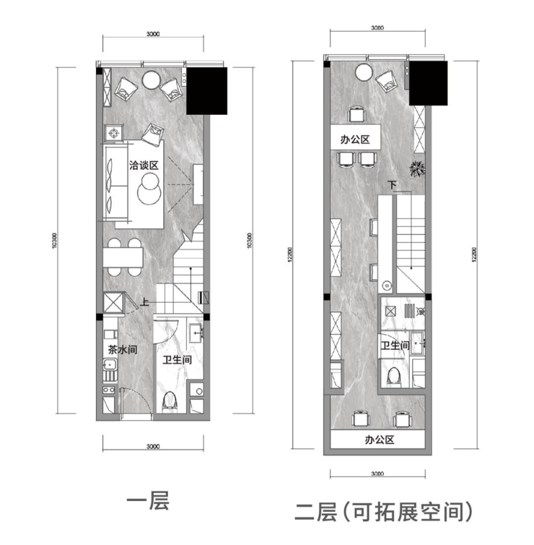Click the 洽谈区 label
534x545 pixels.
click(x=143, y=166)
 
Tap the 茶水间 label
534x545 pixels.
click(x=123, y=349)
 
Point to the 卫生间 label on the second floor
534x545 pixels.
click(x=395, y=346)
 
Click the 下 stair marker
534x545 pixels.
click(x=392, y=186)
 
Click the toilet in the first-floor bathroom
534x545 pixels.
click(x=170, y=398)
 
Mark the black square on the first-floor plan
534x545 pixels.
click(x=207, y=90)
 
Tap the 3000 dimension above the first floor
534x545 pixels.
click(x=152, y=34)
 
